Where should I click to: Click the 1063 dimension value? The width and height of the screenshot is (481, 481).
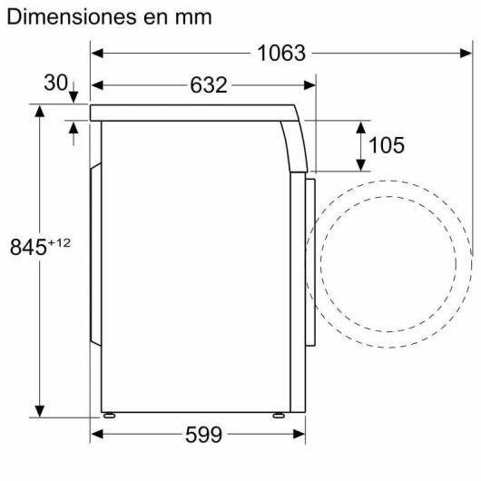pyautogui.click(x=280, y=53)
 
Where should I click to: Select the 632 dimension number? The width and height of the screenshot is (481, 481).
pyautogui.click(x=208, y=85)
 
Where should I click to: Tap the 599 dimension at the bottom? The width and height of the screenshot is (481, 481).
pyautogui.click(x=203, y=435)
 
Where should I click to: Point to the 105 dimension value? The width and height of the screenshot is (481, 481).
pyautogui.click(x=387, y=145)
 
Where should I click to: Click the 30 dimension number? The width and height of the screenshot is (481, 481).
pyautogui.click(x=55, y=83)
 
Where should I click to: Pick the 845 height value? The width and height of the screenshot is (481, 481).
pyautogui.click(x=27, y=247)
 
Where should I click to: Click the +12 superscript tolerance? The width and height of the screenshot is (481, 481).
pyautogui.click(x=58, y=241)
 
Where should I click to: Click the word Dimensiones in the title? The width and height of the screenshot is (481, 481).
pyautogui.click(x=66, y=16)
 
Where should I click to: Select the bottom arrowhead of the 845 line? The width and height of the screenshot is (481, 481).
pyautogui.click(x=40, y=409)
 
